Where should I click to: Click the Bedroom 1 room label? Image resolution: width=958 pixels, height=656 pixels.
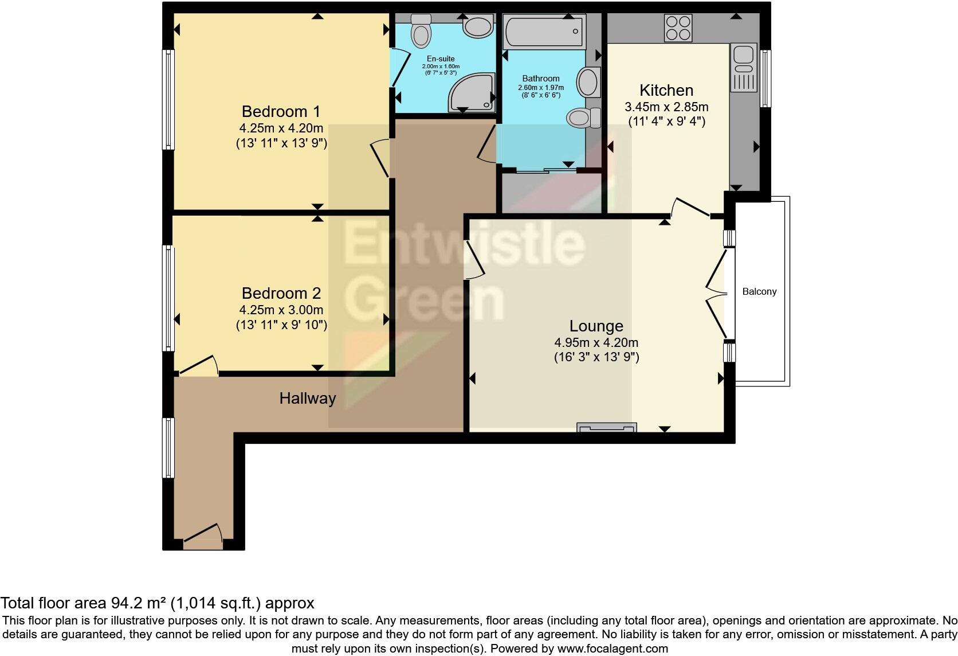(281, 111)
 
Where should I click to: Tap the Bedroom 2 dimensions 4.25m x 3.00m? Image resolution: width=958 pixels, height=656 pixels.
(281, 310)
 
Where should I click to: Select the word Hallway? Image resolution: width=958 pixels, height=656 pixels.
(307, 398)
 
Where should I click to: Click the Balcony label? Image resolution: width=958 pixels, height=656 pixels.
(759, 291)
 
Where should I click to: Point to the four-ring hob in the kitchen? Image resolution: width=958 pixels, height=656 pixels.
(678, 28)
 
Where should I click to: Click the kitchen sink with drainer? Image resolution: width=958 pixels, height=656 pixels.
(743, 68)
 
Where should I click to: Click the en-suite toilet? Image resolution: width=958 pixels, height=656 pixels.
(421, 32)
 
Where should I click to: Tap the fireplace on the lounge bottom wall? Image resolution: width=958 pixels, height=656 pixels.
(607, 427)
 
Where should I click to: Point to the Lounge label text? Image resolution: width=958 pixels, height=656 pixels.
(596, 326)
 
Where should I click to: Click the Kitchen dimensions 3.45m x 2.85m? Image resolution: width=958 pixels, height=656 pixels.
(666, 107)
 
